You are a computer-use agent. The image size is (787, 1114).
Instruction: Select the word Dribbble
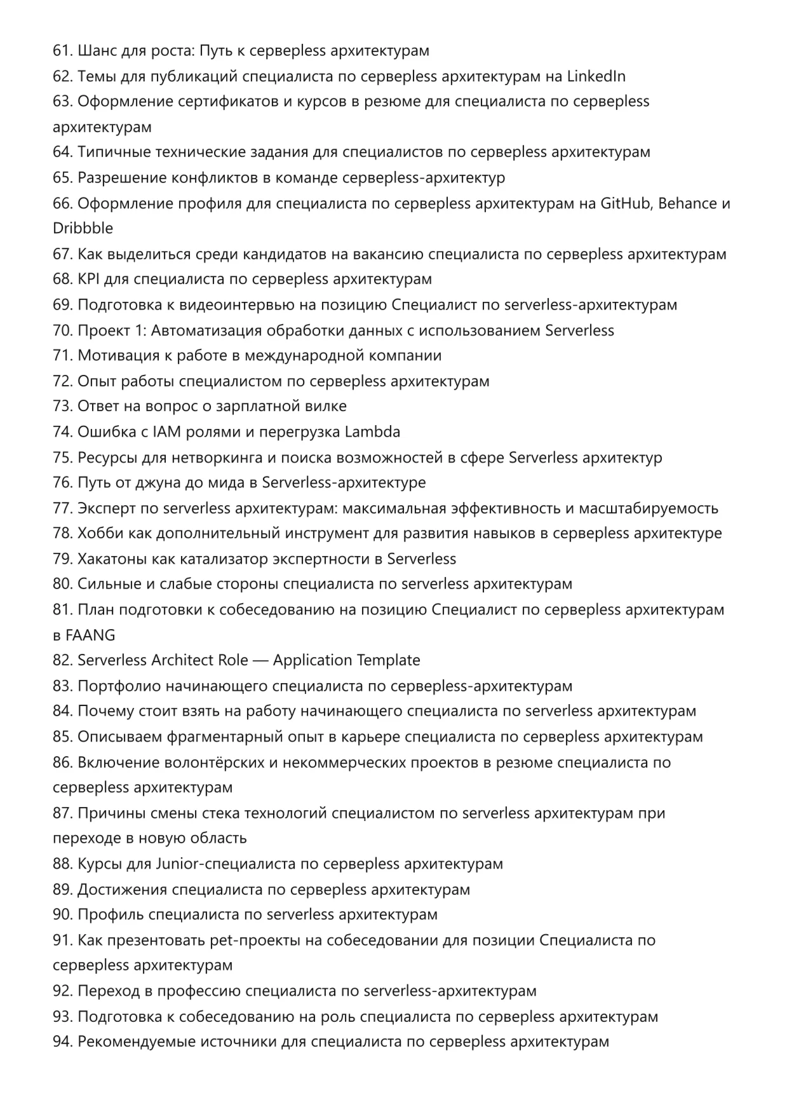point(83,228)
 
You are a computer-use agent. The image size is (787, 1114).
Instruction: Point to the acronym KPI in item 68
point(89,279)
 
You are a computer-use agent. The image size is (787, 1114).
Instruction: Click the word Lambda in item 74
point(372,432)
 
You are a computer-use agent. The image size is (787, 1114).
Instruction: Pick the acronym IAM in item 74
point(167,432)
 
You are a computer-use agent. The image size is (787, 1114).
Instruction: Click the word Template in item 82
point(388,660)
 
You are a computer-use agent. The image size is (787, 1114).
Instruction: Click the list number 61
point(63,51)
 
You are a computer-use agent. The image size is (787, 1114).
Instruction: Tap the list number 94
point(63,1042)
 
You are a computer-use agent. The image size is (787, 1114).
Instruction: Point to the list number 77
point(63,508)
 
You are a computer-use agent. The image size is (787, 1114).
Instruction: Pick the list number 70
point(63,330)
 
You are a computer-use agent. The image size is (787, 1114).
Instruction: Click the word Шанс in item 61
point(97,51)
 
